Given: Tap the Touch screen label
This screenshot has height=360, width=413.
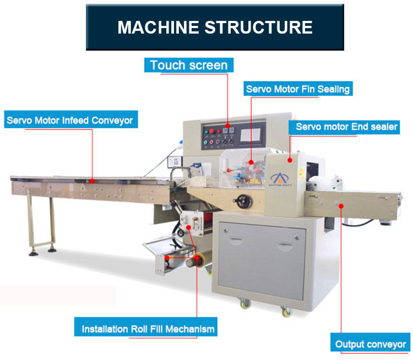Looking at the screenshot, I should click(x=188, y=66).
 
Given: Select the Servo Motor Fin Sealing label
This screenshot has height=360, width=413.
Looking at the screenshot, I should click(x=298, y=89).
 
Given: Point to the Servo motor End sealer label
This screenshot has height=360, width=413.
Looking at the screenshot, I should click(x=346, y=127).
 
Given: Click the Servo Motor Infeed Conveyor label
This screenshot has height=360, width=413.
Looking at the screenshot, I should click(x=69, y=119).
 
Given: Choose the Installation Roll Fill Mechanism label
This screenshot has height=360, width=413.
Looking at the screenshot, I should click(x=148, y=329).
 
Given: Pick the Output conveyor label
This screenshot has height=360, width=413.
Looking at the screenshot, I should click(x=371, y=344).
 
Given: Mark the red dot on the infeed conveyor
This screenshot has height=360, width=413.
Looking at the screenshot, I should click(x=92, y=181).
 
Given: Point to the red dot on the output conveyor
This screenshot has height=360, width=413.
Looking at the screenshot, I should click(x=341, y=205).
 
